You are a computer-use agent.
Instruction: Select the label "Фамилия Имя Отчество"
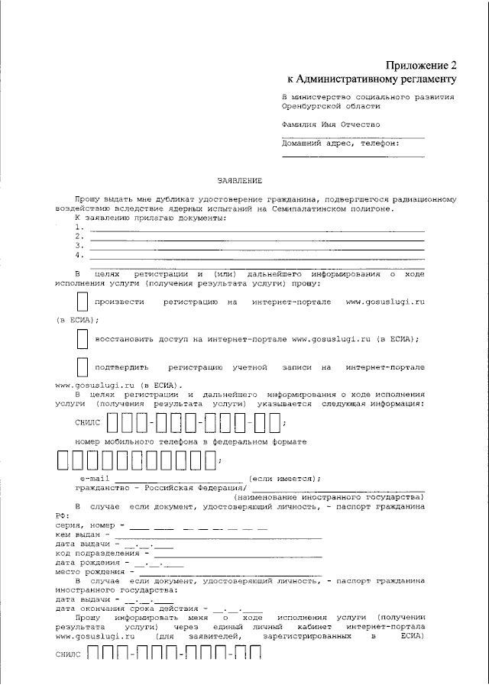(330, 124)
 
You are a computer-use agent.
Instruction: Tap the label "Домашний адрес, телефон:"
(340, 143)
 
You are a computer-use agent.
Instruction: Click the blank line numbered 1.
(256, 228)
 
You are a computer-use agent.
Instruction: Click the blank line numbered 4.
(256, 255)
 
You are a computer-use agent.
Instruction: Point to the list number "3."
(79, 246)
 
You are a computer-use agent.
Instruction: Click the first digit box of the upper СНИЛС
(112, 421)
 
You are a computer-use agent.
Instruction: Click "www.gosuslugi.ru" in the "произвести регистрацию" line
(385, 302)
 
